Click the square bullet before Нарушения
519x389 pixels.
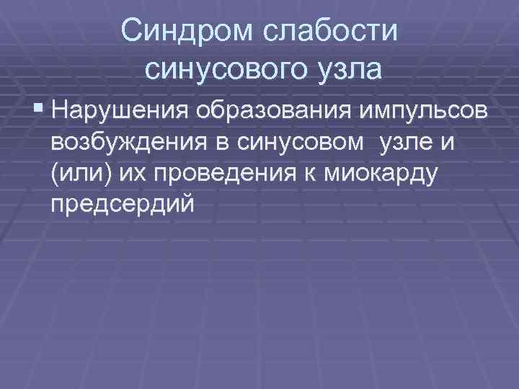(x=37, y=112)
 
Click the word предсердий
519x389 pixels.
(x=123, y=205)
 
